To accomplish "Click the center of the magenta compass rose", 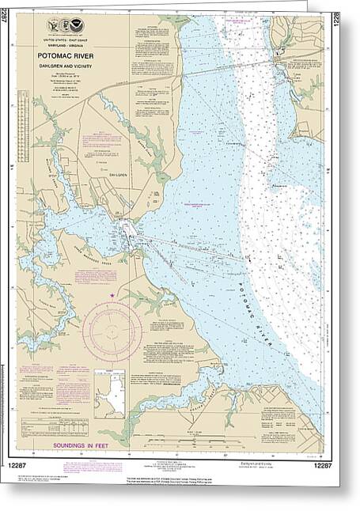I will (x=112, y=327).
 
